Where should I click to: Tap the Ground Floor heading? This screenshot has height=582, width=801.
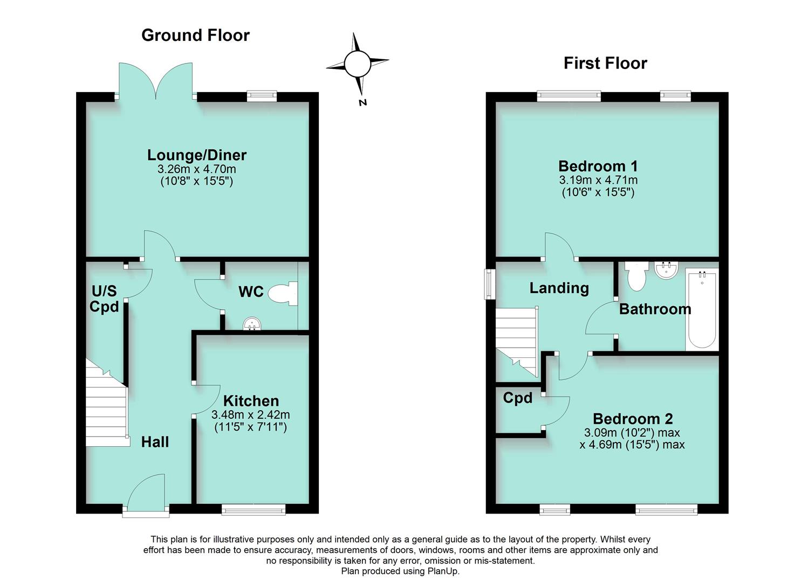coord(195,36)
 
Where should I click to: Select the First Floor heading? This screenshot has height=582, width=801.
coord(605,63)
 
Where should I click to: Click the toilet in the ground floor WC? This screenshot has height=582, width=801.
coord(283,294)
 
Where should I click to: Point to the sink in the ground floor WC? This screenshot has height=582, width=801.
coord(252,323)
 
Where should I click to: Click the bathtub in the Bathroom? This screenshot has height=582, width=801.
coord(702,310)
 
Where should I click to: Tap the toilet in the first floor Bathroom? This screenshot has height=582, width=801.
coord(637,275)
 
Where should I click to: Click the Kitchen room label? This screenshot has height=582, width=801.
coord(251,401)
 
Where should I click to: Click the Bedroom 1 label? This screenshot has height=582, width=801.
coord(598,166)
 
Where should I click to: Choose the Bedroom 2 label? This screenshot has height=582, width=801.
coord(633,419)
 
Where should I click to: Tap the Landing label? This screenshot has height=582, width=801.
coord(559,288)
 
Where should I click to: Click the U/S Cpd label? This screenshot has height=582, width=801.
coord(104,299)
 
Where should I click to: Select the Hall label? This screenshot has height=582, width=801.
coord(155,442)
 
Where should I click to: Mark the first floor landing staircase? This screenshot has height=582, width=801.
coord(517,339)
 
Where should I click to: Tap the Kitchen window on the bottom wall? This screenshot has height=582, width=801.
coord(253,509)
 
